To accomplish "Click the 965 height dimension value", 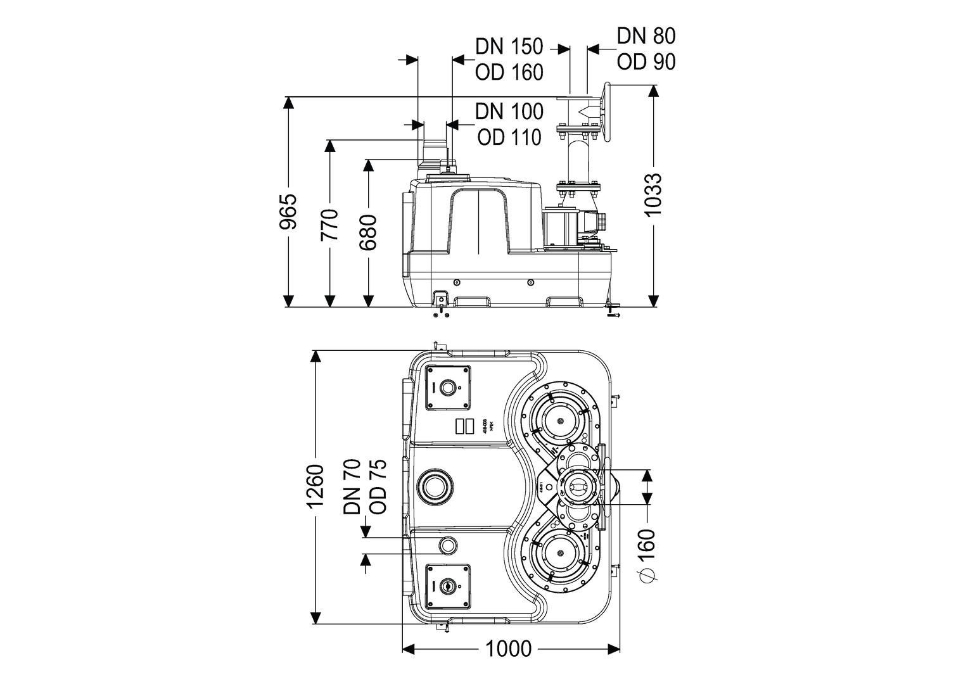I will click(289, 212).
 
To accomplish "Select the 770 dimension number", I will click(329, 225).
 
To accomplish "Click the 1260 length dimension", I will click(315, 486).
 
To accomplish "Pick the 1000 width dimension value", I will click(509, 649).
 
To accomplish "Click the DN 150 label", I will click(509, 47).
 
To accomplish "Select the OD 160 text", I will click(509, 72).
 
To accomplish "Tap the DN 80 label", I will click(646, 35).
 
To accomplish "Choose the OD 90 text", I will click(646, 61).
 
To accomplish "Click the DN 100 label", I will click(509, 111).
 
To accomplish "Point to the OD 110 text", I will click(509, 137).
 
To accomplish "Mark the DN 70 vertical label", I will click(352, 486).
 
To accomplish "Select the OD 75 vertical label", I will click(378, 486).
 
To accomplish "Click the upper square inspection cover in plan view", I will click(448, 388).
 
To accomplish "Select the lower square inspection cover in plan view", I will click(448, 586).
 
